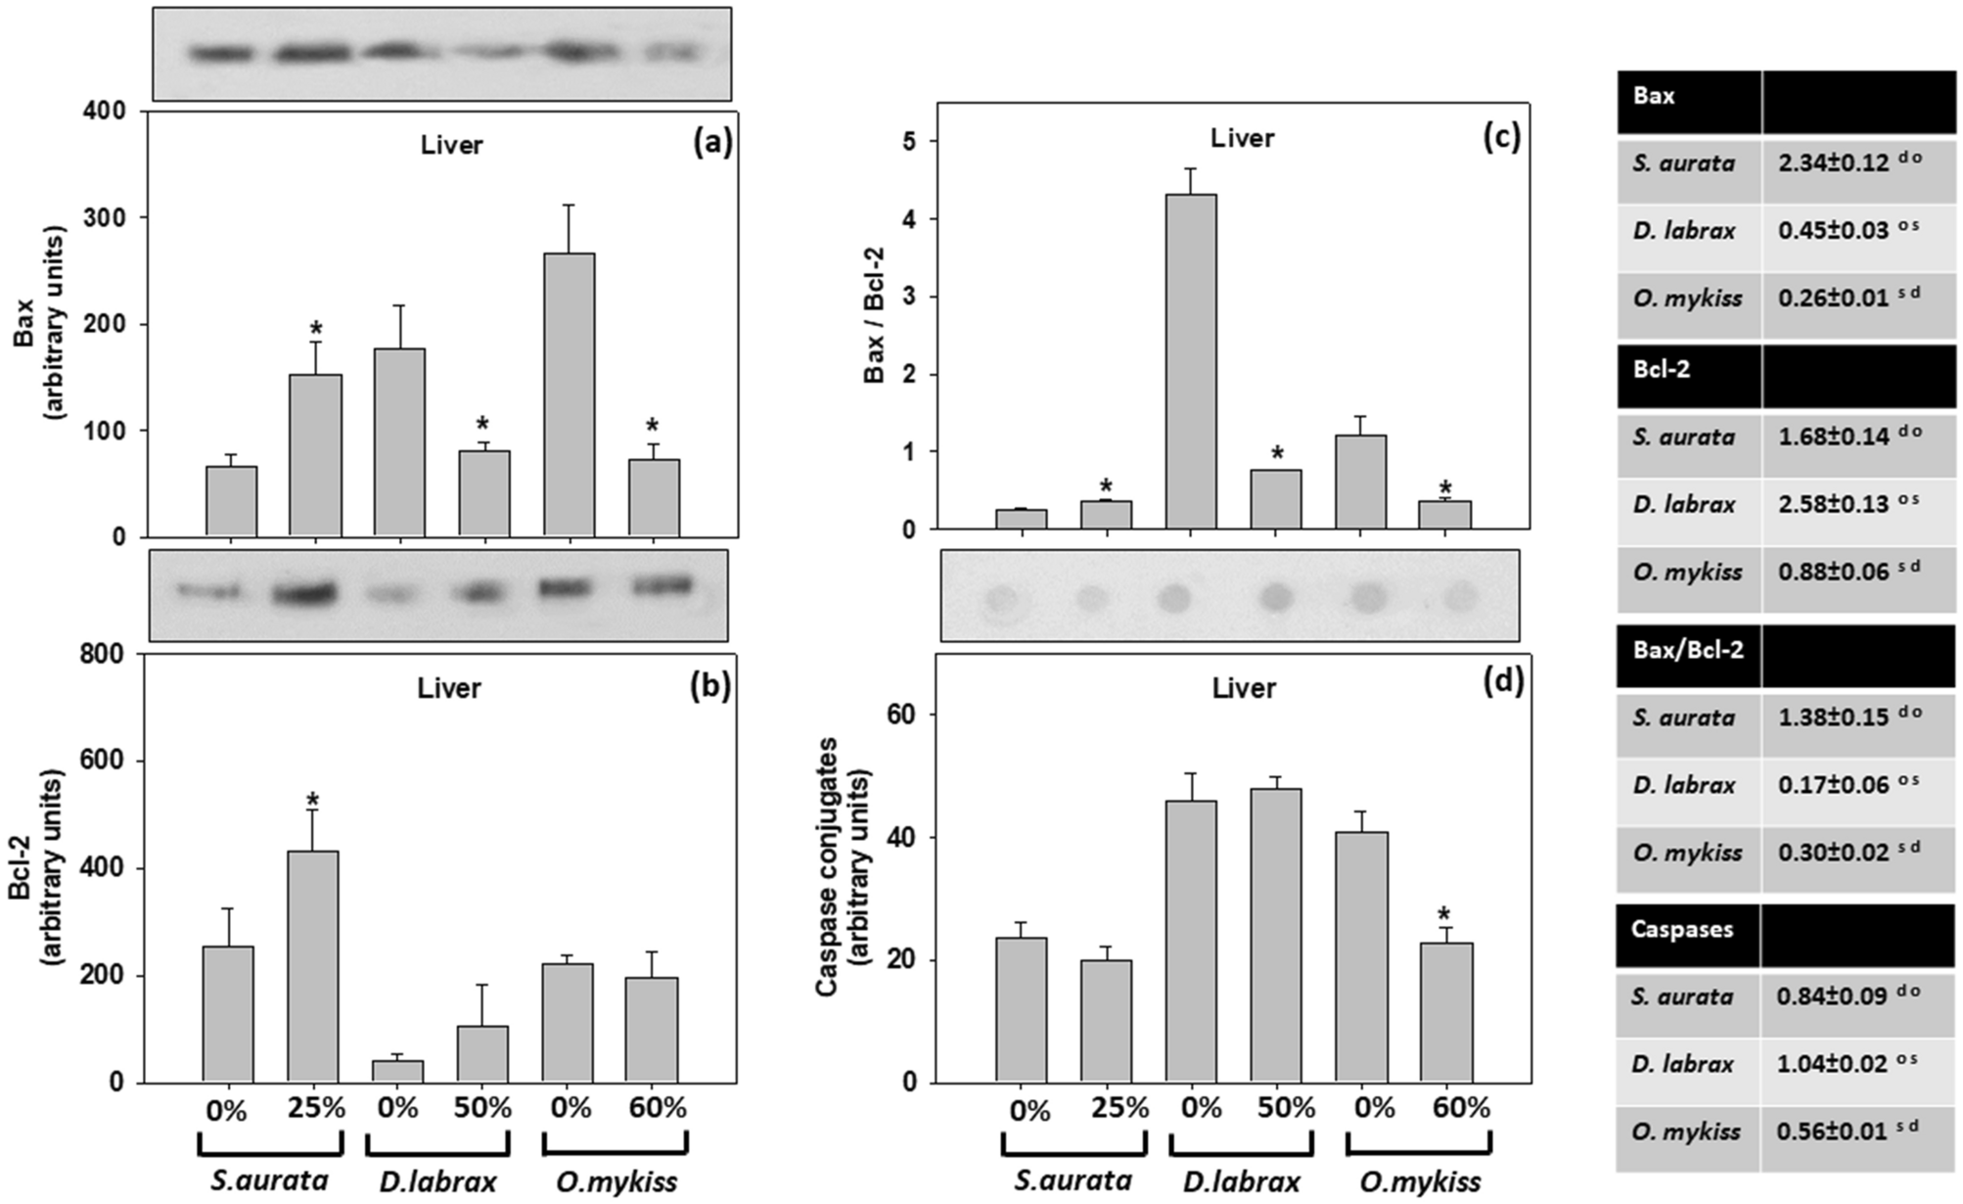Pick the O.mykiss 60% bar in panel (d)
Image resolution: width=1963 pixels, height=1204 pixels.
click(x=1446, y=1012)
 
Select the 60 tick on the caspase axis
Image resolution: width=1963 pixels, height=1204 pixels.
click(x=901, y=716)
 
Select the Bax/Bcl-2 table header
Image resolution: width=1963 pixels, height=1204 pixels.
click(x=1688, y=650)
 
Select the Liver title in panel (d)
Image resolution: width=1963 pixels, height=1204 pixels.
click(x=1244, y=688)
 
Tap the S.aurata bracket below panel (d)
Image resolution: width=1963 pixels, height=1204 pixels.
click(x=1073, y=1144)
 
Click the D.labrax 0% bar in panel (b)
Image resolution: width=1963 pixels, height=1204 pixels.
click(x=397, y=1071)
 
